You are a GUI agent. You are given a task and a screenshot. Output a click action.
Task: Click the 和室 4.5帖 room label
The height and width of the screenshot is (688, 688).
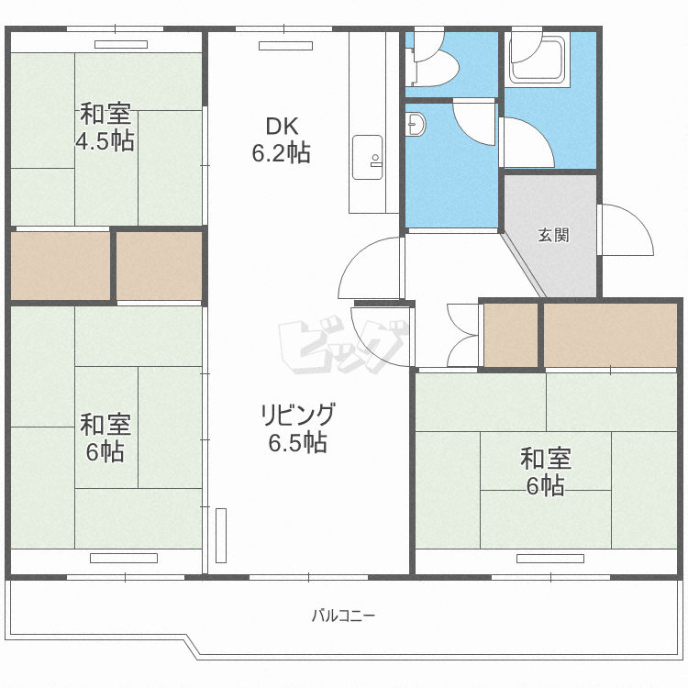(105, 128)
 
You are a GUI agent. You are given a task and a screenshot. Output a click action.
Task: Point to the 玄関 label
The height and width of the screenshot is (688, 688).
(553, 235)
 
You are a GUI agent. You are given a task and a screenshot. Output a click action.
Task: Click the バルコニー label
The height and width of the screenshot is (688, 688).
(343, 615)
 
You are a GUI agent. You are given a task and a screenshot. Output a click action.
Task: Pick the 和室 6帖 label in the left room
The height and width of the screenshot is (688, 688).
(105, 438)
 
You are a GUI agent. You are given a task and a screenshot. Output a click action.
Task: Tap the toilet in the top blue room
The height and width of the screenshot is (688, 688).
(431, 64)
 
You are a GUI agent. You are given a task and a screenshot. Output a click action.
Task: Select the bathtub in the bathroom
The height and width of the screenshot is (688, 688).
(540, 58)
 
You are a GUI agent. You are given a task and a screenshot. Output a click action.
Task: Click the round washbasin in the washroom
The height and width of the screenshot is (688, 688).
(416, 123)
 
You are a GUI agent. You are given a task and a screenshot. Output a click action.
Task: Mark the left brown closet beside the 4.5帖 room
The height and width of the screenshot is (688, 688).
(61, 266)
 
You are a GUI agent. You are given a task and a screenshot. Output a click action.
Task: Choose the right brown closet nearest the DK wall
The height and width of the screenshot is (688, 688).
(160, 266)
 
